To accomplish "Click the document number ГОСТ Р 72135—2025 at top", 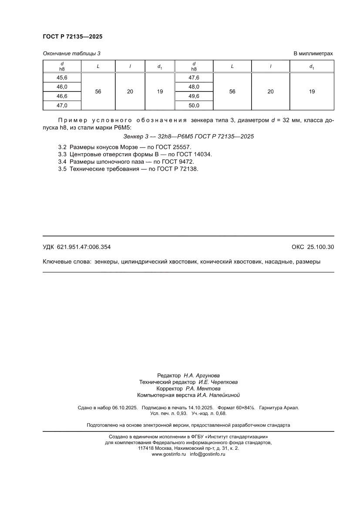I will click(x=72, y=37).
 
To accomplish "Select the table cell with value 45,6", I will click(x=62, y=78).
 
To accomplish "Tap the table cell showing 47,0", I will click(x=62, y=105).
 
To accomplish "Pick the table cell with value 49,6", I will click(x=194, y=96).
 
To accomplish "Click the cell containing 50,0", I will click(x=194, y=105).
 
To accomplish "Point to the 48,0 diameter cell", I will click(x=194, y=87).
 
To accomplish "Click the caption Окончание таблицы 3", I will click(x=71, y=54).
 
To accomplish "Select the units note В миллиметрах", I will click(x=313, y=54).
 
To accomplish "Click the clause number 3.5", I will click(x=62, y=169).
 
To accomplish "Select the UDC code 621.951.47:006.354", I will click(x=84, y=247).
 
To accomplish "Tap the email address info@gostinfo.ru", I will click(x=208, y=454).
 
